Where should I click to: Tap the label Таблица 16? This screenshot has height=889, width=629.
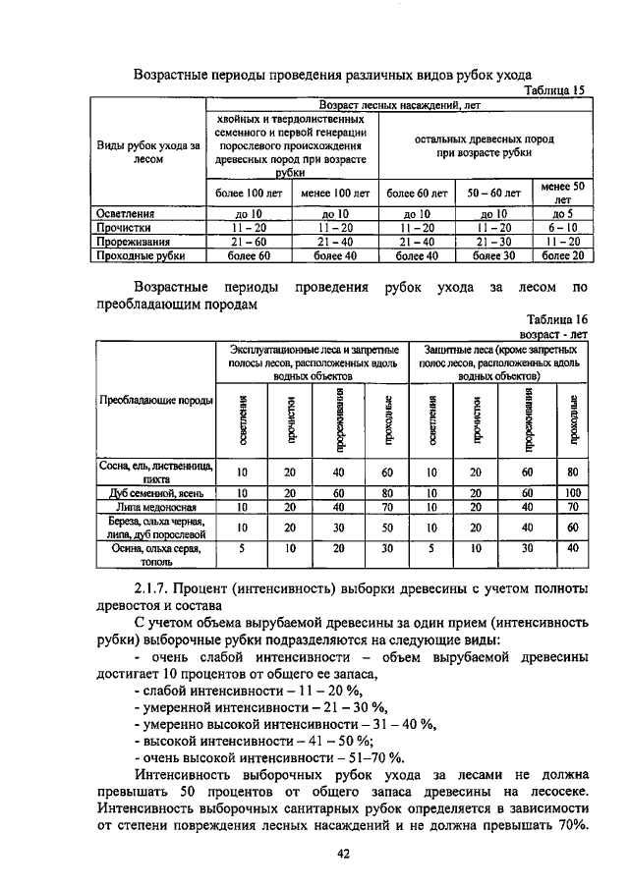coord(556,319)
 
